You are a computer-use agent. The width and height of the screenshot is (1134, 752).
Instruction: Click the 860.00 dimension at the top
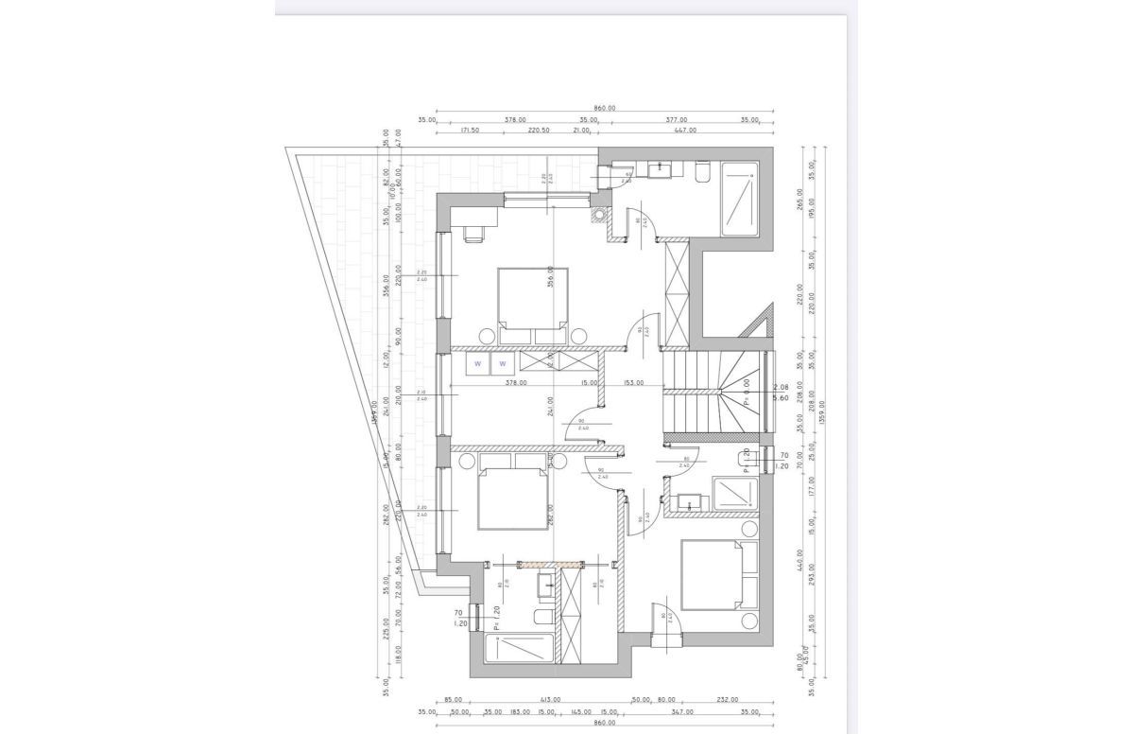pyautogui.click(x=605, y=109)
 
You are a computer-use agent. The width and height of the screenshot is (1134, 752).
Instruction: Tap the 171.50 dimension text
pyautogui.click(x=470, y=131)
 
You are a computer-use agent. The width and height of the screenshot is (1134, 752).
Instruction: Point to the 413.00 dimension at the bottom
pyautogui.click(x=550, y=700)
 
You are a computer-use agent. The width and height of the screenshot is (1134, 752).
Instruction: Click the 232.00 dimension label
pyautogui.click(x=728, y=700)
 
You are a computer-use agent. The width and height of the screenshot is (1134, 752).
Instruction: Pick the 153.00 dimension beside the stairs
pyautogui.click(x=632, y=383)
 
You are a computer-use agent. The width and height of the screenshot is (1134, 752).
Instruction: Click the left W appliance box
pyautogui.click(x=478, y=363)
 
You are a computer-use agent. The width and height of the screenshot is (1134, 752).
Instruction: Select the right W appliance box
pyautogui.click(x=503, y=363)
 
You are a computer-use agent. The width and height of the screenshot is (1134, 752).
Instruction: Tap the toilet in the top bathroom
pyautogui.click(x=702, y=171)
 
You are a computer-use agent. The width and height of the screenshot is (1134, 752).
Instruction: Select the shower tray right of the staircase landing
pyautogui.click(x=733, y=494)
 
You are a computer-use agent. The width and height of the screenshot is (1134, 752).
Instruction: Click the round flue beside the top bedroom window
pyautogui.click(x=597, y=214)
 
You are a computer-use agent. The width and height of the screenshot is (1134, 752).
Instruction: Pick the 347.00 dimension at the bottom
pyautogui.click(x=681, y=711)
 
